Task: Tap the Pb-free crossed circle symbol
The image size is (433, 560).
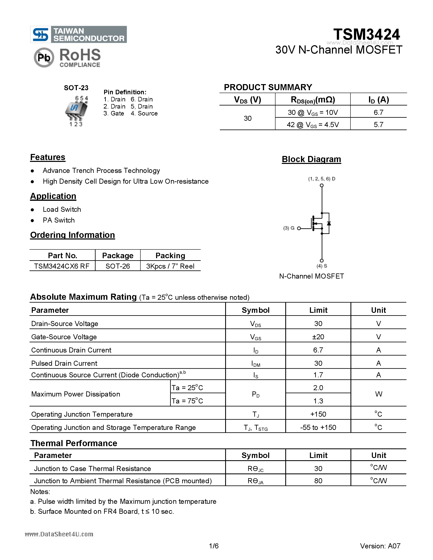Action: click(44, 57)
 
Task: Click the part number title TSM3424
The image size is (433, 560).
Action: click(366, 34)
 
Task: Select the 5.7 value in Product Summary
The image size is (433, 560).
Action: click(378, 125)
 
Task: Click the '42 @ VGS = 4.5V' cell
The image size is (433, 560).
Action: click(313, 125)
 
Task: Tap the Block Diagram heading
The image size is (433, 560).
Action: click(311, 159)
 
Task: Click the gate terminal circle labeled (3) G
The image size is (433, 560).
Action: click(299, 228)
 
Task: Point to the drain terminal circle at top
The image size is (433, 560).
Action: click(322, 185)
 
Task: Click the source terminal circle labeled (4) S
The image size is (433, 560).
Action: click(322, 260)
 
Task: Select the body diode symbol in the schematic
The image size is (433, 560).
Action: click(329, 223)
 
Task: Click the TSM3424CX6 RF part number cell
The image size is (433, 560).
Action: click(62, 266)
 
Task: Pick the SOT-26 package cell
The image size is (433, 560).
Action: click(118, 266)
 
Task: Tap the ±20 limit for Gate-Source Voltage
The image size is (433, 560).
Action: click(318, 337)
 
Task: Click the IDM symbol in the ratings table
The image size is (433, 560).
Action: click(256, 363)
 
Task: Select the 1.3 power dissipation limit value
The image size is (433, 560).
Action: click(318, 401)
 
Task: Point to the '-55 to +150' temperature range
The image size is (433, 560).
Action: click(318, 427)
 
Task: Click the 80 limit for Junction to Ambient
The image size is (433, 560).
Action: click(318, 481)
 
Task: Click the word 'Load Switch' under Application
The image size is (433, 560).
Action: click(62, 210)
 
